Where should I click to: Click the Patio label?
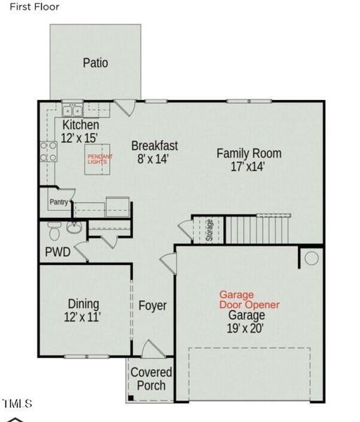tap(96, 63)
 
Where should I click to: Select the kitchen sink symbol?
tap(71, 110)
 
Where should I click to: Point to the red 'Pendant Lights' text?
tap(96, 159)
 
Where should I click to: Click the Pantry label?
tap(58, 203)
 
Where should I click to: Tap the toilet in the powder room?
tap(53, 230)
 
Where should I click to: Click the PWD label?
tap(58, 252)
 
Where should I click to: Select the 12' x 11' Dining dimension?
tap(82, 317)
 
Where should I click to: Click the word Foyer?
tap(153, 306)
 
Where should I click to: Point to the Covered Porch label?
tap(151, 378)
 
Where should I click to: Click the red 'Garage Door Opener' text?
tap(249, 300)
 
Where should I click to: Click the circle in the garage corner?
tap(311, 258)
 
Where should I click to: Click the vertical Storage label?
tap(210, 230)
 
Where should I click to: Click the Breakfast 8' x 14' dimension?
tap(154, 159)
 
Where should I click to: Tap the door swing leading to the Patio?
tap(125, 108)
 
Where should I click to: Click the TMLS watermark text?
tap(17, 404)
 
